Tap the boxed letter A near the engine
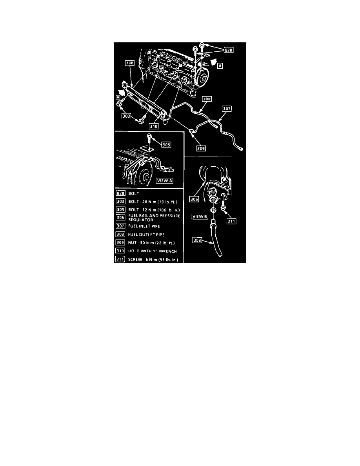click(220, 66)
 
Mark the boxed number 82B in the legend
click(120, 193)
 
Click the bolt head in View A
click(150, 136)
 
